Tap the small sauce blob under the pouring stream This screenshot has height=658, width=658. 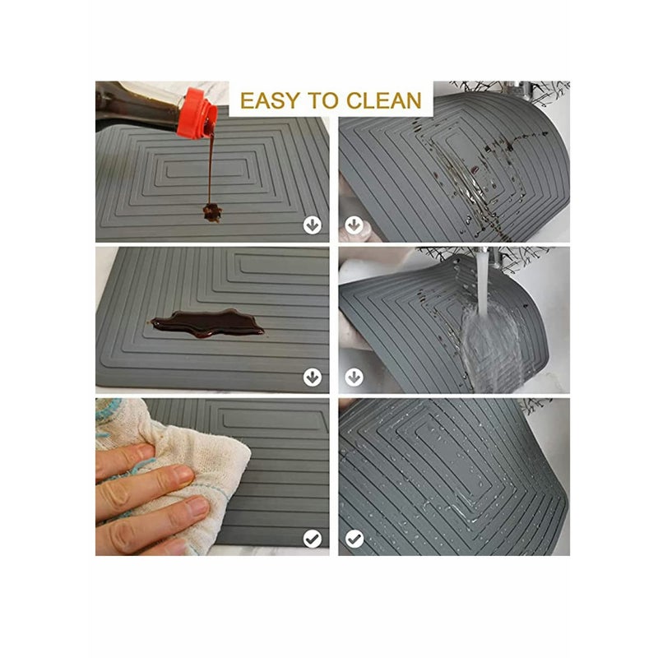pyautogui.click(x=212, y=212)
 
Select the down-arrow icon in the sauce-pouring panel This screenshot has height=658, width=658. pyautogui.click(x=312, y=225)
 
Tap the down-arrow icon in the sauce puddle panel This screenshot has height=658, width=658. pyautogui.click(x=312, y=377)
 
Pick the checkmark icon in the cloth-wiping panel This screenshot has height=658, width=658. pyautogui.click(x=312, y=538)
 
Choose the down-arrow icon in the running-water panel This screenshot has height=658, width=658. pyautogui.click(x=354, y=377)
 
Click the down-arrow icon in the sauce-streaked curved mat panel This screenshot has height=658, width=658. pyautogui.click(x=354, y=225)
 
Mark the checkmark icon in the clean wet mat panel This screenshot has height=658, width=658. pyautogui.click(x=354, y=538)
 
